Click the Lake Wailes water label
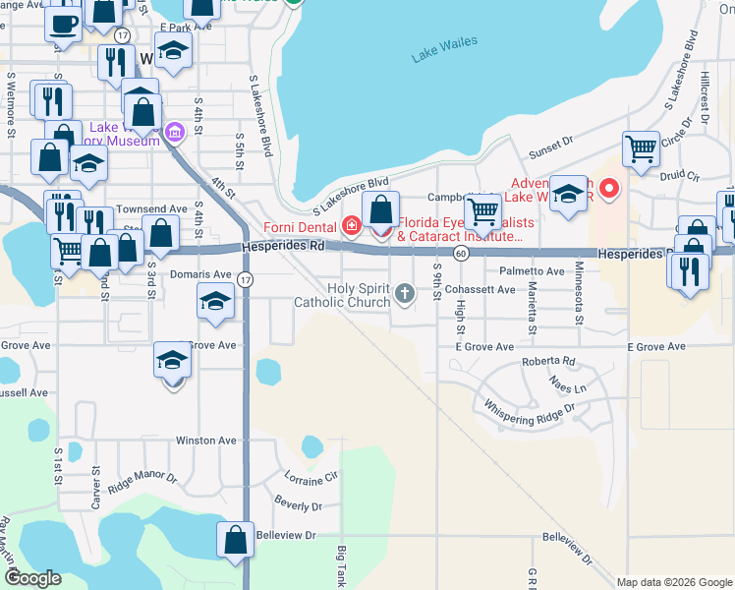coord(444,48)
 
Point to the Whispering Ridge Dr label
coord(529,412)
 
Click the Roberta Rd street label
coord(548,361)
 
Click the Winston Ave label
coord(206,441)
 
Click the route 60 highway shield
coord(460,254)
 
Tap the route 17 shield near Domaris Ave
coord(245,280)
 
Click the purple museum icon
coord(175,132)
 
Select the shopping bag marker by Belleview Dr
coord(235,540)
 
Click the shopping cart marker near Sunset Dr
coord(641,149)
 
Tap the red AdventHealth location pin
coord(610,187)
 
